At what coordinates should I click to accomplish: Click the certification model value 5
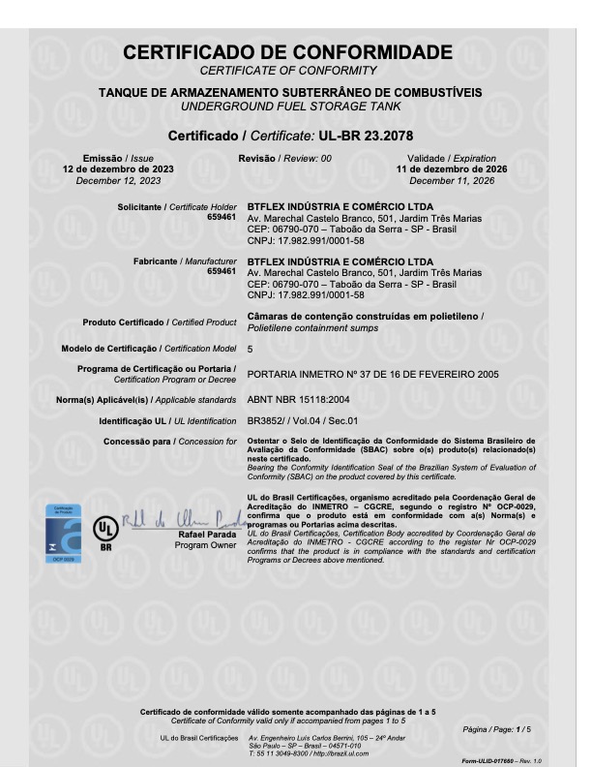[251, 348]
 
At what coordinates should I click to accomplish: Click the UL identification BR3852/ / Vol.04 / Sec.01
[303, 421]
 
